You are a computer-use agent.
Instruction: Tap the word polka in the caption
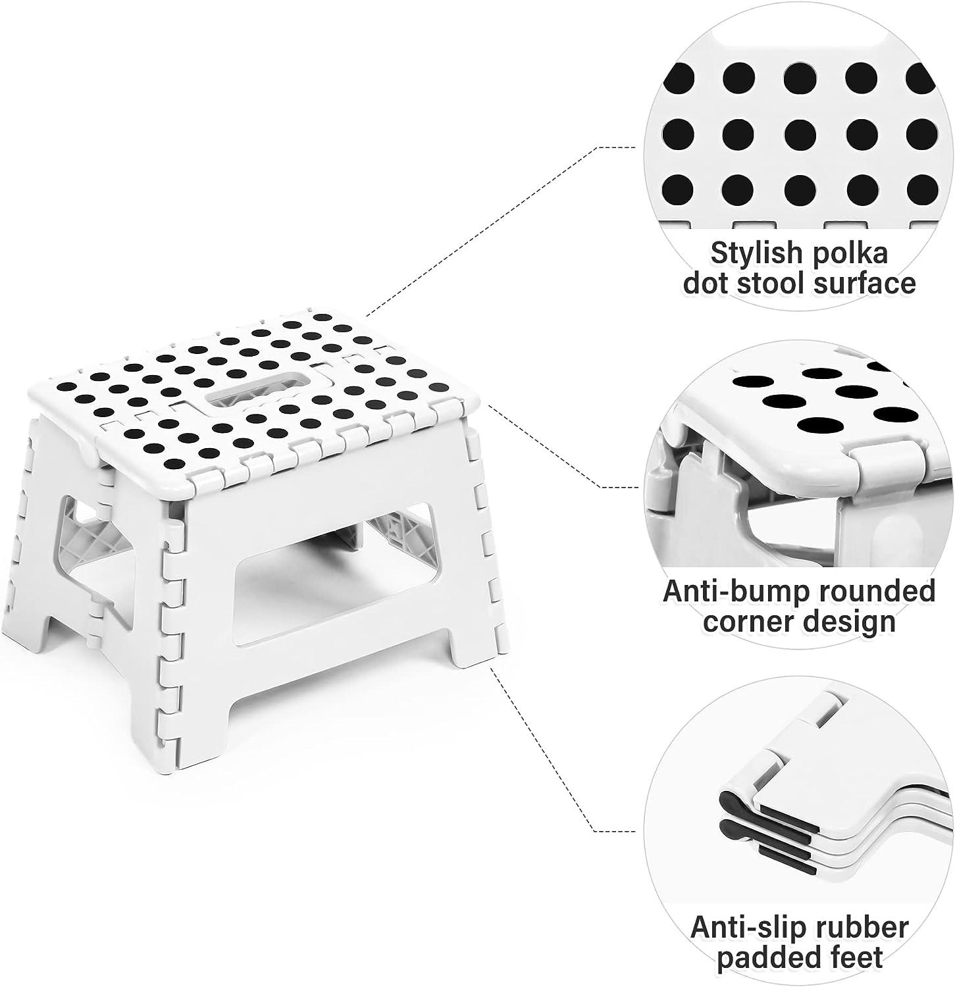pyautogui.click(x=856, y=254)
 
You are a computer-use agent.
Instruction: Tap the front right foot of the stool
pyautogui.click(x=473, y=658)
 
